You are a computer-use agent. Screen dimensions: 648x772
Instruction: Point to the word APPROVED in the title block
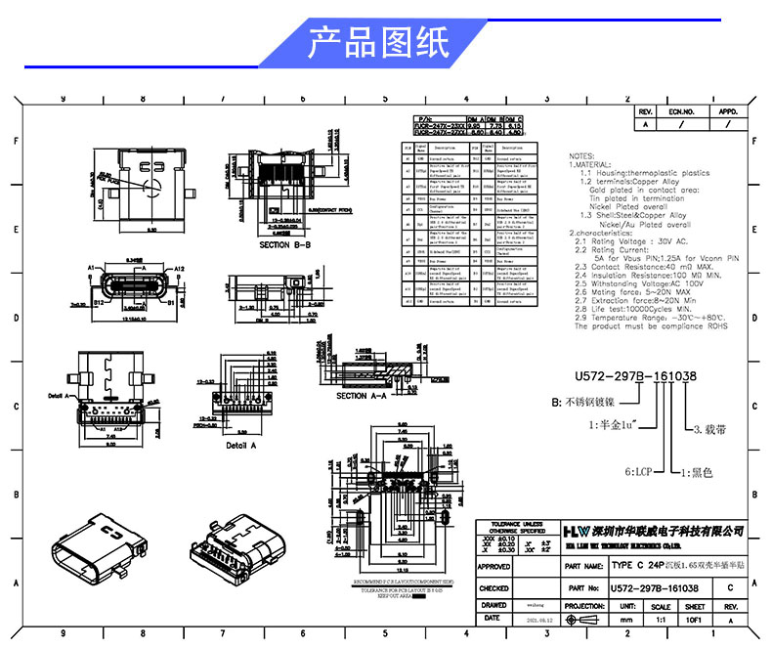[493, 566]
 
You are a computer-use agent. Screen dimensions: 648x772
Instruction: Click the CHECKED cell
[493, 588]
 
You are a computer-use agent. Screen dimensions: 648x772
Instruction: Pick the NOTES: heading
[581, 155]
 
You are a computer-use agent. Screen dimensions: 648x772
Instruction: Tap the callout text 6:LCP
[639, 472]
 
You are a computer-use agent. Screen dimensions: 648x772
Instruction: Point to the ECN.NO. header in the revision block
[681, 112]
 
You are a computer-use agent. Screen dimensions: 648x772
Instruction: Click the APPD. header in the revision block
[729, 112]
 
